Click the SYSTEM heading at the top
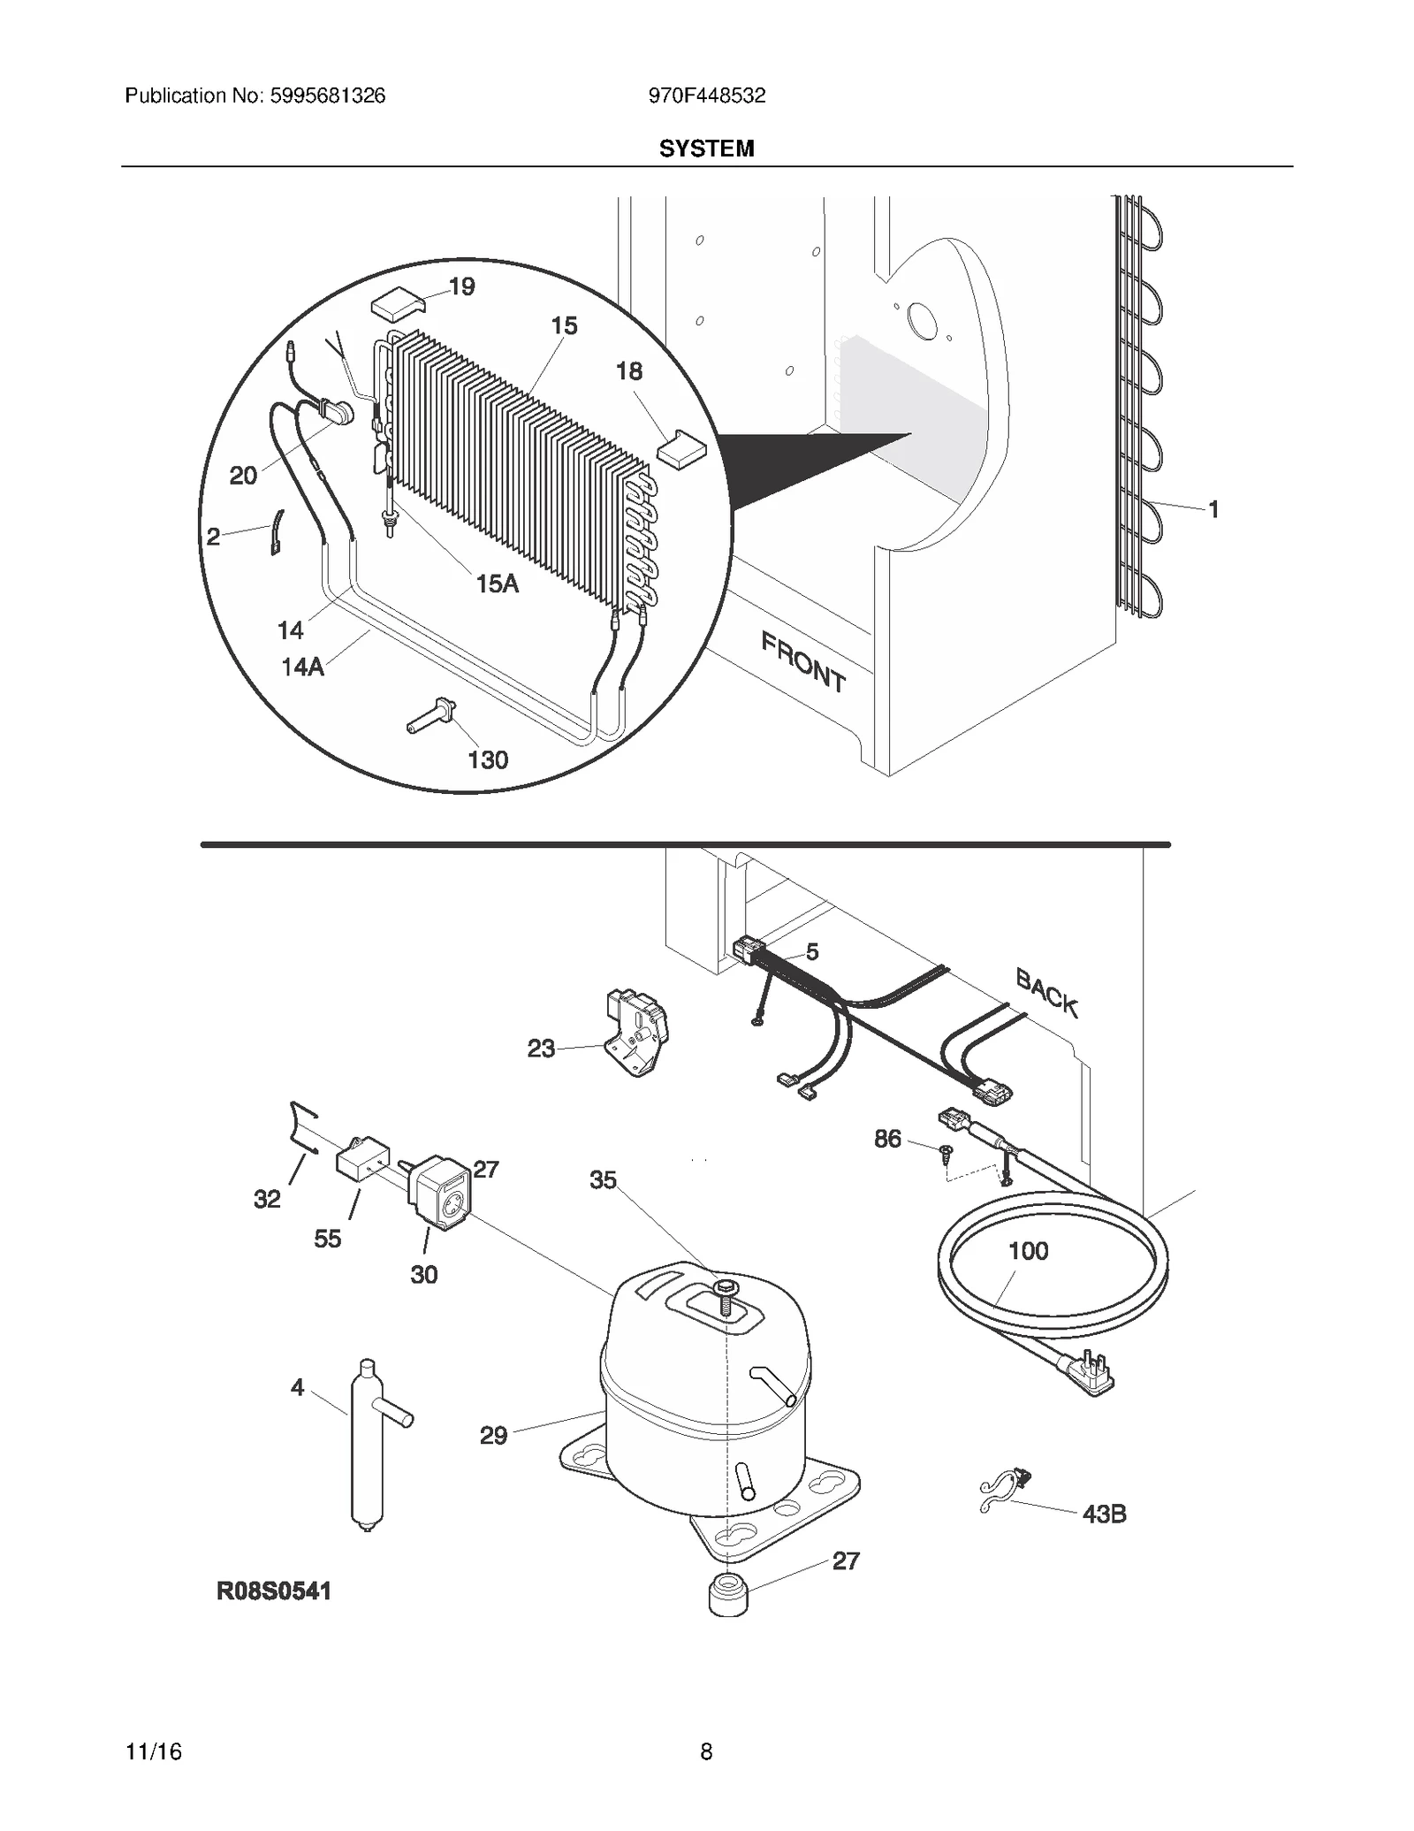[706, 149]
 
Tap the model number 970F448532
[706, 95]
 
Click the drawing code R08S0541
[274, 1591]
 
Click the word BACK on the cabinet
[1046, 993]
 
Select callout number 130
[488, 759]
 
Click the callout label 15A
[497, 584]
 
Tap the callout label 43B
[1104, 1514]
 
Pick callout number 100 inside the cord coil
[1028, 1251]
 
